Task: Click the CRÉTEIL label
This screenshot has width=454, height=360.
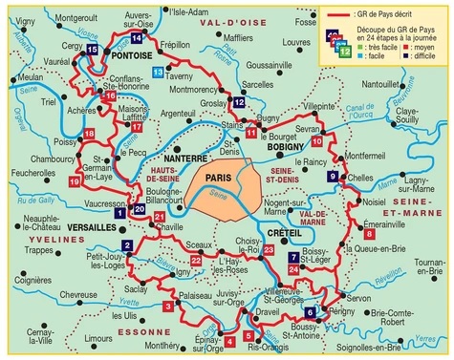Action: click(x=284, y=233)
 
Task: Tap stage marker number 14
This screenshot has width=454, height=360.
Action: click(x=137, y=37)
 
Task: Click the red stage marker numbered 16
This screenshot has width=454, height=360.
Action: click(x=110, y=96)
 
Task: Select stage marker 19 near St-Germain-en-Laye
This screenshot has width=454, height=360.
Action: click(x=76, y=180)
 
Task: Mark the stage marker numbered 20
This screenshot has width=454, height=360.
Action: click(x=139, y=209)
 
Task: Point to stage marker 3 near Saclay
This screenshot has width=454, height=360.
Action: click(x=168, y=306)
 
